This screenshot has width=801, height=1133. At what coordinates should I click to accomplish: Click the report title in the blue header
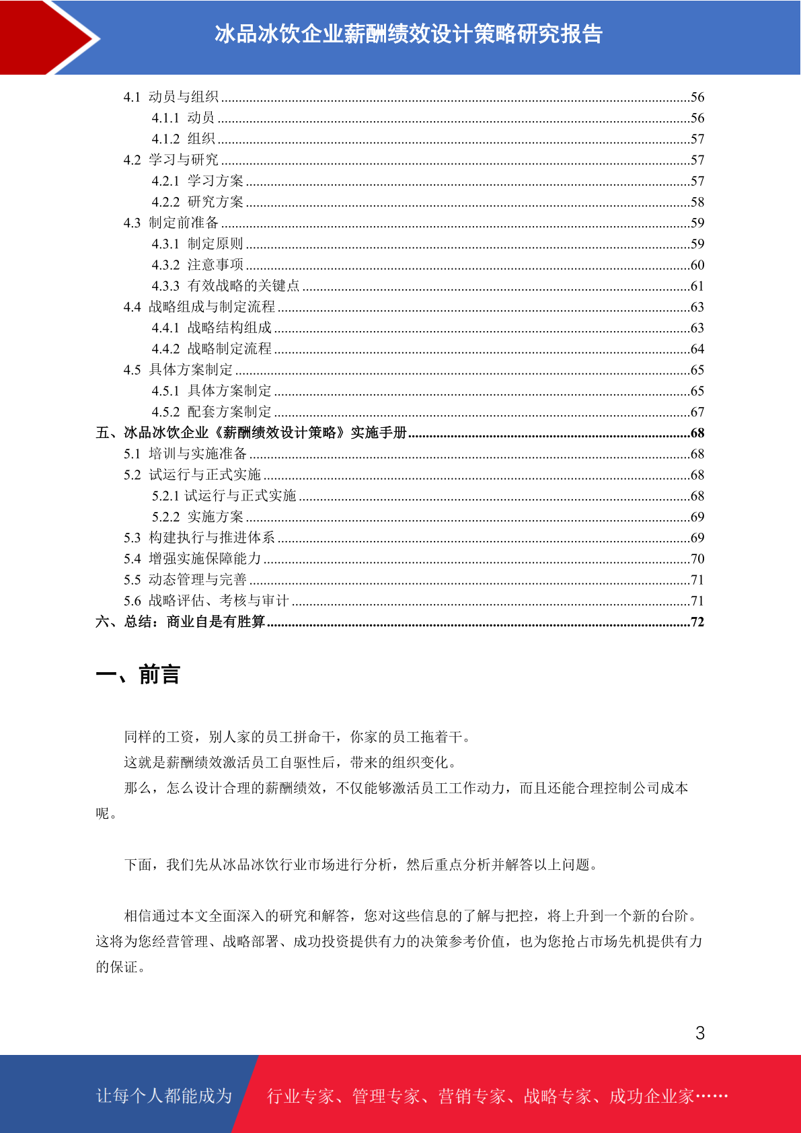[408, 34]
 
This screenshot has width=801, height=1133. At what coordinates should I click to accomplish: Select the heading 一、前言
[138, 674]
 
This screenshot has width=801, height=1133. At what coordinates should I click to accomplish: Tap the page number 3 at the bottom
[700, 1033]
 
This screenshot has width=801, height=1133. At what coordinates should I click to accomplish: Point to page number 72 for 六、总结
[697, 622]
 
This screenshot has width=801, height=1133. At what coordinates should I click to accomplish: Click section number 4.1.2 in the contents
[165, 139]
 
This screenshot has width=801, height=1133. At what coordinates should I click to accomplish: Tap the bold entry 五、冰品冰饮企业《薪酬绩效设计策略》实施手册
[251, 433]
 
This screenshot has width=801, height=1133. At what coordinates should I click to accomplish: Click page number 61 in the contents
[697, 286]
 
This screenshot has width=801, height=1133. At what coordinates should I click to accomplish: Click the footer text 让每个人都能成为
[164, 1096]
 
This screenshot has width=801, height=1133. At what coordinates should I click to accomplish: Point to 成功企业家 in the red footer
[651, 1096]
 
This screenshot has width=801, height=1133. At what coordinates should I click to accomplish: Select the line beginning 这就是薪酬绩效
[291, 762]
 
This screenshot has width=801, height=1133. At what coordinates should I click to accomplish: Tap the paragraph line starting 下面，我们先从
[361, 865]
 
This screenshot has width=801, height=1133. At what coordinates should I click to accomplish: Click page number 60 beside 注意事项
[697, 265]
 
